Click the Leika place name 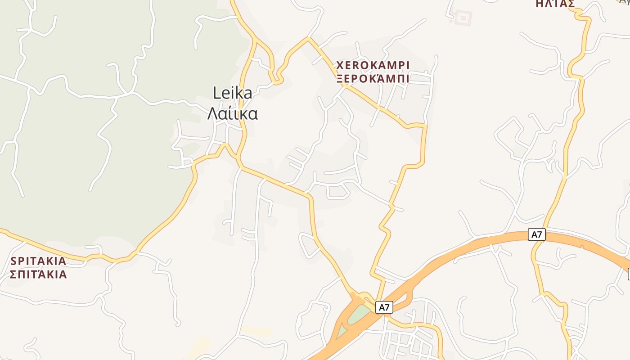[232, 93]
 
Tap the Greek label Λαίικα [232, 113]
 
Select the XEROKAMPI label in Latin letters [373, 66]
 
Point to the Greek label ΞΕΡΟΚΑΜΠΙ [373, 79]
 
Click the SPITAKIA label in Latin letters [38, 261]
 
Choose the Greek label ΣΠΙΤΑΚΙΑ [38, 274]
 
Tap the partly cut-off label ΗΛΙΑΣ [555, 4]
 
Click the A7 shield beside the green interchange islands [383, 308]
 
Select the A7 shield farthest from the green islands [536, 234]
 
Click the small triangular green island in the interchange [342, 332]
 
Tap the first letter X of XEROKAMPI [340, 66]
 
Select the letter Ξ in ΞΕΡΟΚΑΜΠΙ [340, 79]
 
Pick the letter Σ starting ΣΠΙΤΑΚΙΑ [13, 274]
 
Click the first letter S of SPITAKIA [13, 261]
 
